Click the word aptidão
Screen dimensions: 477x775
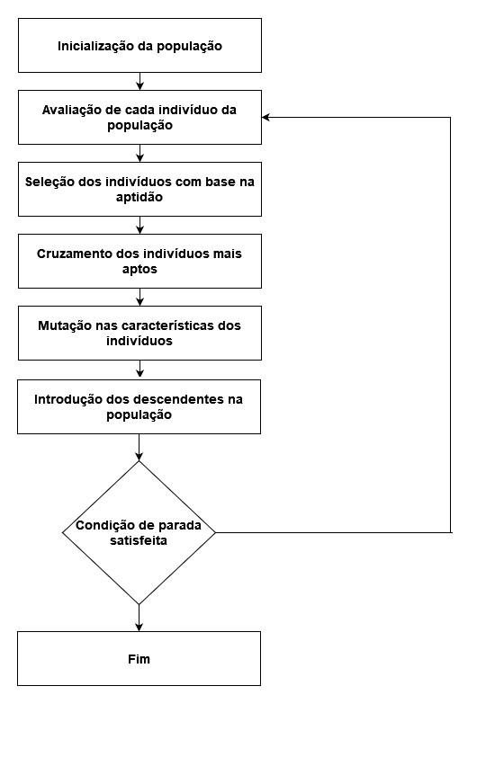tap(139, 197)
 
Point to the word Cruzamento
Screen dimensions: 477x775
tap(75, 254)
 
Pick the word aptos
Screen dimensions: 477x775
tap(139, 270)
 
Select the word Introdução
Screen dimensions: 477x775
tap(64, 399)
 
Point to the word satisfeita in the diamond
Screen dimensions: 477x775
tap(139, 540)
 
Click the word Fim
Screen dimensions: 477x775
tap(139, 659)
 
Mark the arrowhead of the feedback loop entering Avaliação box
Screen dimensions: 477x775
tap(265, 117)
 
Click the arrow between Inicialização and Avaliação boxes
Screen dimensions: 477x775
tap(140, 82)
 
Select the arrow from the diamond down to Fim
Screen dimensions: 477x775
tap(139, 618)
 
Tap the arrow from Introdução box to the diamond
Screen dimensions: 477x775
tap(139, 448)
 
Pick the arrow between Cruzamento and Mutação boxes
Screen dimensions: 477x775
tap(140, 297)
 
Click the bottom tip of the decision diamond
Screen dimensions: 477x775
tap(139, 604)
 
